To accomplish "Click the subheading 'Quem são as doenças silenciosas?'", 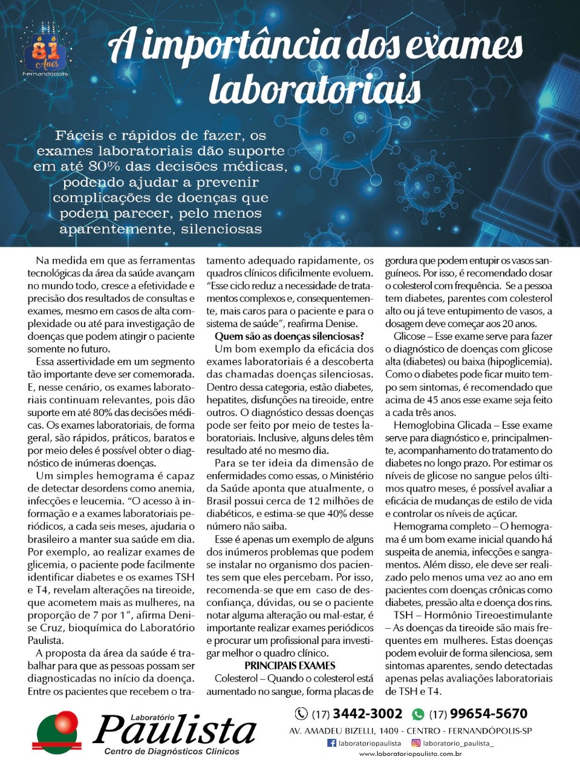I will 289,336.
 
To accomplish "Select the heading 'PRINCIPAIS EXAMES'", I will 290,666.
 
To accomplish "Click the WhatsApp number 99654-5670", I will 489,714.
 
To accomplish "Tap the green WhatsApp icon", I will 418,714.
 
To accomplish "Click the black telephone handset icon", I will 301,714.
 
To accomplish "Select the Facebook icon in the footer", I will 331,743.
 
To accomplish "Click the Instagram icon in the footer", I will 416,743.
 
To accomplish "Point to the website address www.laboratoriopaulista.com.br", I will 411,754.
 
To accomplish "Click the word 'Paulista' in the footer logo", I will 175,729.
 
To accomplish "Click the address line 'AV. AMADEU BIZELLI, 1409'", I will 344,731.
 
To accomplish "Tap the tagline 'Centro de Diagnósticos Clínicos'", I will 172,752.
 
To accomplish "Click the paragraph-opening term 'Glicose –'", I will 413,336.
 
